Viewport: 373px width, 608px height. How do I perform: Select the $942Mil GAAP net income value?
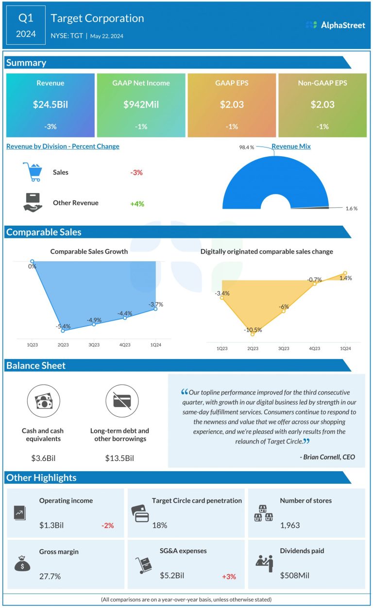coord(141,104)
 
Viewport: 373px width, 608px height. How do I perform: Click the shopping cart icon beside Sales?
coord(32,172)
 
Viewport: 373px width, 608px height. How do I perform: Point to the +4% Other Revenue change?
coord(137,204)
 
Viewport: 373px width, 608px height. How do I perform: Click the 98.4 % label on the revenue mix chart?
coord(246,147)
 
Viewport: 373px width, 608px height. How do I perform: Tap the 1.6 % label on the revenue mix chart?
coord(351,208)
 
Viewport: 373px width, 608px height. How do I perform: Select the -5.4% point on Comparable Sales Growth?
coord(63,330)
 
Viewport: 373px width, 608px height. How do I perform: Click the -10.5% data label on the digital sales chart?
coord(253,330)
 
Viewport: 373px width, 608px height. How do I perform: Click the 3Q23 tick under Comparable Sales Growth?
coord(94,345)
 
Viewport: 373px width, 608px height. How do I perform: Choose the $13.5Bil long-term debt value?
coord(119,458)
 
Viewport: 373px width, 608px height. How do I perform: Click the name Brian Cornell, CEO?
coord(327,457)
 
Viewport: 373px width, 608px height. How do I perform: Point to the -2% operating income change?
coord(107,525)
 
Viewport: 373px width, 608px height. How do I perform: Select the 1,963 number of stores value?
coord(290,525)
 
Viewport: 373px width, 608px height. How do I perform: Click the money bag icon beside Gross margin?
coord(23,564)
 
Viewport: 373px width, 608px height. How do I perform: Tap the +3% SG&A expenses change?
coord(229,576)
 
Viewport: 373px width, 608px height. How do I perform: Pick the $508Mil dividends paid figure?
coord(294,576)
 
